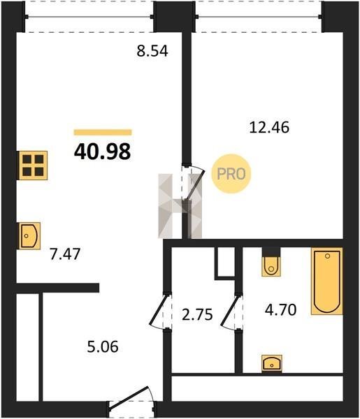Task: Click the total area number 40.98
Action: coord(103,152)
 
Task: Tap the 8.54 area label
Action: coord(152,51)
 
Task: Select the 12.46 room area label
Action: coord(269,127)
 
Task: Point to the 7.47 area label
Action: coord(65,254)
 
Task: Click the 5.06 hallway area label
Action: coord(103,347)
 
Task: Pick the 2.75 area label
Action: coord(197,314)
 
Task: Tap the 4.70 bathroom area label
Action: coord(280,310)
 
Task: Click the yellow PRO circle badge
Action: coord(231,174)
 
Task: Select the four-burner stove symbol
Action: coord(33,166)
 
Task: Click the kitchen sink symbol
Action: coord(29,236)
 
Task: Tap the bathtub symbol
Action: coord(327,281)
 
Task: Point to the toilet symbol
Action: coord(271,266)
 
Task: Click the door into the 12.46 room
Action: coord(194,182)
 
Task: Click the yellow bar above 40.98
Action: coord(103,132)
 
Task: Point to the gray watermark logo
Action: coord(180,206)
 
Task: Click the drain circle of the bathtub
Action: coord(327,256)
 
